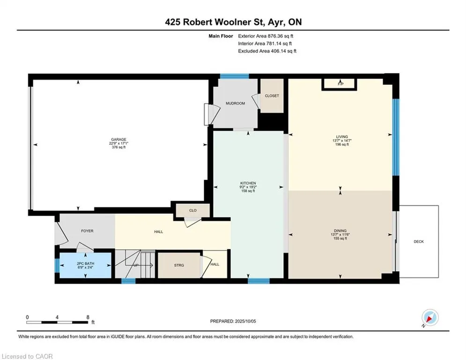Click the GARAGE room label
pos(118,139)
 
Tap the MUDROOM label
pos(236,103)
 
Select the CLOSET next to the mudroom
pos(272,96)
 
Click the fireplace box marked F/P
pos(339,84)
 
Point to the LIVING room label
pos(342,136)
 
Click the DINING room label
pos(340,231)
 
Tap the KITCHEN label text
pos(248,183)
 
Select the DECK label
pos(419,241)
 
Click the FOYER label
pos(88,231)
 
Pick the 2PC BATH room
pos(86,265)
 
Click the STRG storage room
pos(179,265)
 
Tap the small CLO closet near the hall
pos(192,210)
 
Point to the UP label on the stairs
pos(136,265)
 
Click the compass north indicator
pos(430,318)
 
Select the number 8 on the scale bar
pos(88,317)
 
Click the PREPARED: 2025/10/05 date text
pos(233,321)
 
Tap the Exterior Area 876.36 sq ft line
pos(266,36)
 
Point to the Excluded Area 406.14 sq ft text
pos(267,51)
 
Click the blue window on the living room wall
pos(396,137)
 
